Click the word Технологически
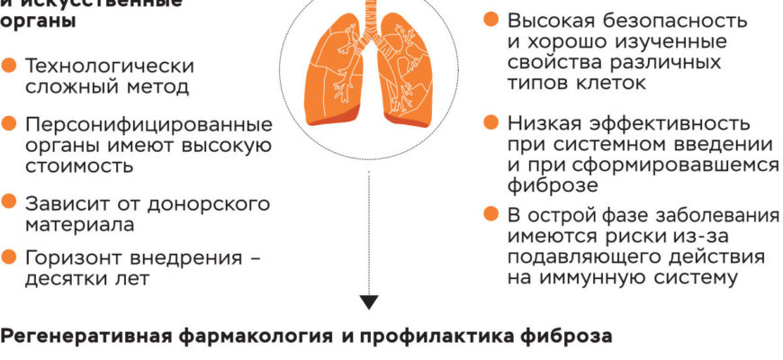109,67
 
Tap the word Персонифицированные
148,125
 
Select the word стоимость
80,166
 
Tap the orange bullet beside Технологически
9,66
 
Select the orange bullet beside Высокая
490,19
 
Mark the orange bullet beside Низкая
490,121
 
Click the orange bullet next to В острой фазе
490,215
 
